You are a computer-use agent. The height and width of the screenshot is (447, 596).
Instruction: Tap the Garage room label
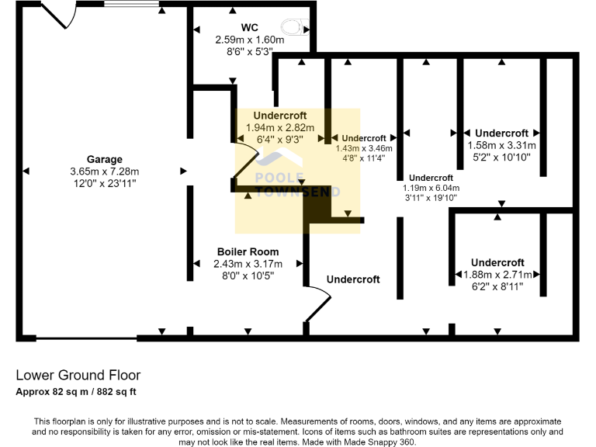(104, 160)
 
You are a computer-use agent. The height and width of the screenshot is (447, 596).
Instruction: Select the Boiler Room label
(248, 252)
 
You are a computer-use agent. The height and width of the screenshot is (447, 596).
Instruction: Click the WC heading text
(249, 27)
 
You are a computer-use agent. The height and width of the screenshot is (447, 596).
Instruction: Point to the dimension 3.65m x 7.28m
(104, 172)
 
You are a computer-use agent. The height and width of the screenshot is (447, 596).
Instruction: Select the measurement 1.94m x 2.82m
(279, 127)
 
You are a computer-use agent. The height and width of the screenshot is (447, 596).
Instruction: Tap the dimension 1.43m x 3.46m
(364, 147)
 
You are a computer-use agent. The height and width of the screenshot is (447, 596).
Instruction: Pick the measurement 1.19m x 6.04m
(431, 188)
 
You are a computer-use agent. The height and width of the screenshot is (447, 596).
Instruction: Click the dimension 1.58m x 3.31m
(501, 145)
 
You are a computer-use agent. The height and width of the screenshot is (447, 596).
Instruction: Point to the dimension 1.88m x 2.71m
(497, 275)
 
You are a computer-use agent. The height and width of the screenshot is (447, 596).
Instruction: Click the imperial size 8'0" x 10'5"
(248, 275)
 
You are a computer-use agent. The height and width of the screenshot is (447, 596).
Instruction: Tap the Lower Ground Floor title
(78, 376)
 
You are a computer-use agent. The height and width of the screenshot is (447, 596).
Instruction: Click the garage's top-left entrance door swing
(56, 13)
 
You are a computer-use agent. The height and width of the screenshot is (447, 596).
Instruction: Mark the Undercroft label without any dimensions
(353, 279)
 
